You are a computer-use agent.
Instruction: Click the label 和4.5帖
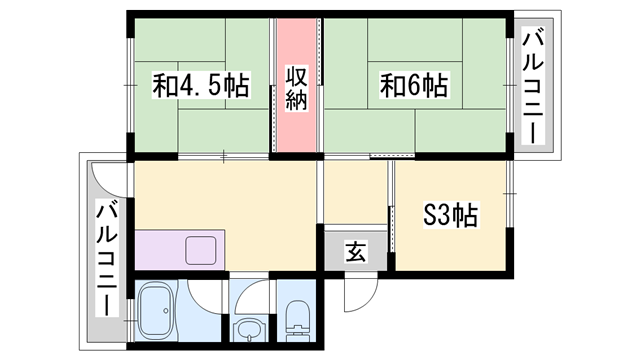click(201, 85)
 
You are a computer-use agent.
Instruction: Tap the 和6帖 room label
click(414, 85)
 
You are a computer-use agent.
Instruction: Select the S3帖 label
click(450, 215)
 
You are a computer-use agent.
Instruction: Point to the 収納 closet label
click(296, 88)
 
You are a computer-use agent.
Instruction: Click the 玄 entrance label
click(356, 251)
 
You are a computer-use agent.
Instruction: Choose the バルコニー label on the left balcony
click(107, 258)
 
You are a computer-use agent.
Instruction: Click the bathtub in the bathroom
click(157, 311)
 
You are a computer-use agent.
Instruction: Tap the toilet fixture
click(297, 321)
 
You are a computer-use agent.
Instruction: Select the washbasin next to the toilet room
click(249, 330)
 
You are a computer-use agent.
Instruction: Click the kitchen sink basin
click(201, 250)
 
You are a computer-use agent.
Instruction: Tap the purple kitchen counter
click(180, 250)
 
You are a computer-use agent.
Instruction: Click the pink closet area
click(296, 85)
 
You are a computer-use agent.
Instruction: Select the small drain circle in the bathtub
click(166, 311)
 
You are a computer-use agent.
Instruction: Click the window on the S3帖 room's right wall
click(509, 193)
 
